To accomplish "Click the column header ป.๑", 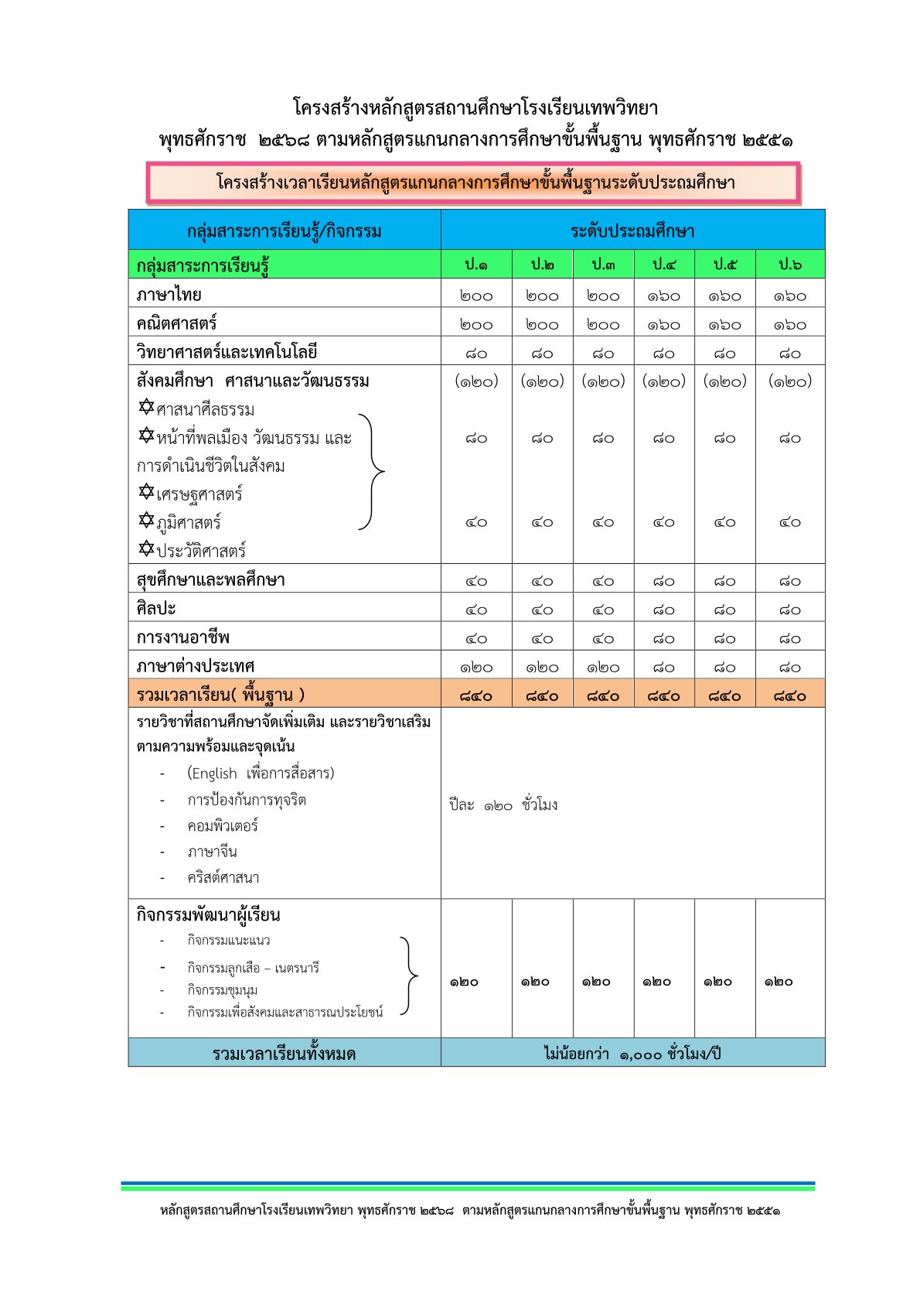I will click(x=475, y=265).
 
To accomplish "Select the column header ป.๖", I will click(x=789, y=265).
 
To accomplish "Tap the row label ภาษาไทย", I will click(x=169, y=295).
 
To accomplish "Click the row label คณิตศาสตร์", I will click(x=176, y=323).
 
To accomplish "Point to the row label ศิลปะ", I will click(x=156, y=609).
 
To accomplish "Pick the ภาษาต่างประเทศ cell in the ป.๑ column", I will click(x=475, y=667).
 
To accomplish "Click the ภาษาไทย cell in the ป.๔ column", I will click(x=663, y=296).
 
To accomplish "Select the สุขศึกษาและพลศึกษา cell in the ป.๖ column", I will click(x=789, y=581).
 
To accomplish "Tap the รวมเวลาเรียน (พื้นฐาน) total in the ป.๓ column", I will click(x=603, y=695).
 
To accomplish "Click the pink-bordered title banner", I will click(x=473, y=183).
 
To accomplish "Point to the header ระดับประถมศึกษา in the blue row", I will click(x=632, y=231).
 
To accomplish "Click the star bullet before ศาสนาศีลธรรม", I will click(x=146, y=407).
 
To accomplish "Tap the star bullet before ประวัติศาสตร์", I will click(x=146, y=548).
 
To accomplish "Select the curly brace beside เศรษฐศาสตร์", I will click(x=373, y=471).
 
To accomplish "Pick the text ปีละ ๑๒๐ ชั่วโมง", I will click(x=503, y=805).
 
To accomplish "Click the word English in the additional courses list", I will click(x=214, y=773).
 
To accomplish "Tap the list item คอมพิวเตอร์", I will click(x=223, y=825).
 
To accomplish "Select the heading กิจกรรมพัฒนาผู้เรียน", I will click(x=208, y=915).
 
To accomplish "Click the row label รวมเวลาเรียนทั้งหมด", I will click(x=284, y=1054).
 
